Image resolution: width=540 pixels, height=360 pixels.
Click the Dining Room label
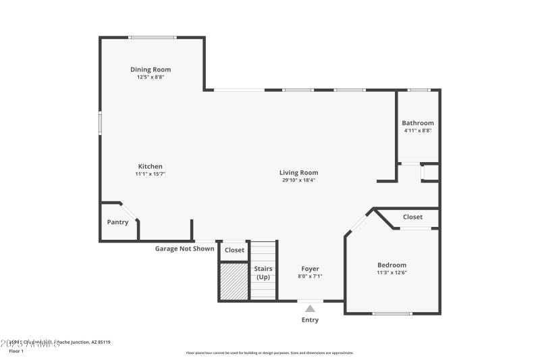pos(151,70)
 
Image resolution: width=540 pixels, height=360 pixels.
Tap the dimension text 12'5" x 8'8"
pos(151,77)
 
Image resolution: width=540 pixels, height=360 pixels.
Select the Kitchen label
pos(151,166)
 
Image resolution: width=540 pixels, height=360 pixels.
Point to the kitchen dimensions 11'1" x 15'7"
pos(151,174)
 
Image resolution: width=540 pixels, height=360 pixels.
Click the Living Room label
pos(299,173)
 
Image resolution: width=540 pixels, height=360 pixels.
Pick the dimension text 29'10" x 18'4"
pos(299,180)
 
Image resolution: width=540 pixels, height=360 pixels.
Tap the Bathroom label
pos(418,123)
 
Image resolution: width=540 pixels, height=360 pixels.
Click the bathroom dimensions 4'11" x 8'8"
pos(418,130)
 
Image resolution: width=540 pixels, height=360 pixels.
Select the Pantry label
pos(118,222)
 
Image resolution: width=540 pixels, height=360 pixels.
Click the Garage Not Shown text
pos(184,249)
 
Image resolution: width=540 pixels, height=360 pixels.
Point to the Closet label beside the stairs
pos(234,250)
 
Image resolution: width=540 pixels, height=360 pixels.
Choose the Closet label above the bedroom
pos(412,217)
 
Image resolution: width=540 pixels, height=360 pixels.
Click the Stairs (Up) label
pos(263,273)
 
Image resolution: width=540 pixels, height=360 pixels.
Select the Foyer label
pos(310,269)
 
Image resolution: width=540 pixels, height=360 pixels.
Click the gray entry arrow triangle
pos(310,309)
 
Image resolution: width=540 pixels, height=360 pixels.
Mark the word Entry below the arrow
pos(310,320)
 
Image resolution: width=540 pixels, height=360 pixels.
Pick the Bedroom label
pos(391,265)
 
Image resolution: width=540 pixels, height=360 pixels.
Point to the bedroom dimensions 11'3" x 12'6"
pos(391,272)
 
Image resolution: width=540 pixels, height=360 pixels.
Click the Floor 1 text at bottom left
pos(16,351)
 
